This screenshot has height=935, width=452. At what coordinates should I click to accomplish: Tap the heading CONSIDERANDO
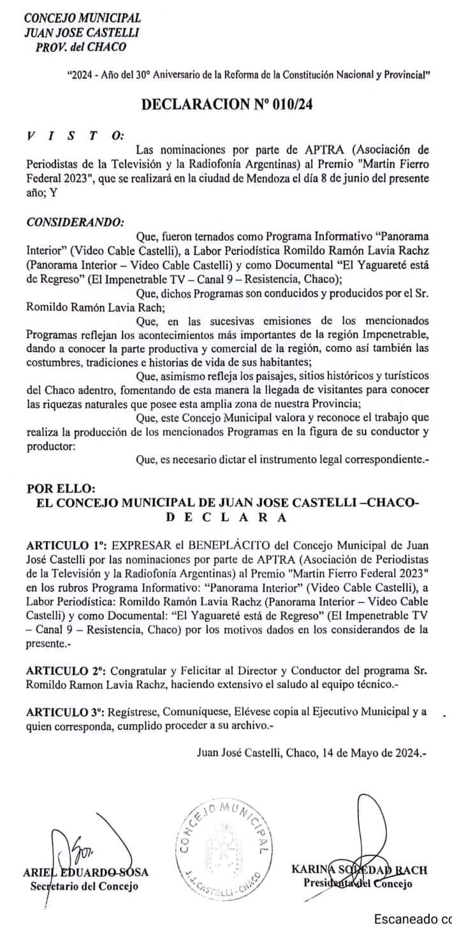coord(75,222)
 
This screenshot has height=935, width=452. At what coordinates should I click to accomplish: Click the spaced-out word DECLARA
coord(226,518)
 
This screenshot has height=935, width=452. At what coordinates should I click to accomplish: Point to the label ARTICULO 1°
coord(66,546)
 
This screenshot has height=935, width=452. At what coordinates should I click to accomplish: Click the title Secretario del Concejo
coord(84,886)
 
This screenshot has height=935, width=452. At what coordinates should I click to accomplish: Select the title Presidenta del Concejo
coord(358,883)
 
